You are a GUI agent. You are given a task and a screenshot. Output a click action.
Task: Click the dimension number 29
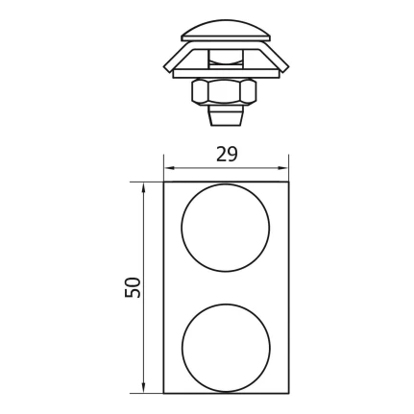click(227, 154)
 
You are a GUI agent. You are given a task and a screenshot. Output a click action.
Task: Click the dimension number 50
click(133, 287)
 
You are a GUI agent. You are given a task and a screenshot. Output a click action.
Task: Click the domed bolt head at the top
click(226, 31)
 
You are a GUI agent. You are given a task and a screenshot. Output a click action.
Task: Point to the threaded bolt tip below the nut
click(226, 118)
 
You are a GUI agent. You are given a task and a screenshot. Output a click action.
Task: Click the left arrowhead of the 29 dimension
click(169, 167)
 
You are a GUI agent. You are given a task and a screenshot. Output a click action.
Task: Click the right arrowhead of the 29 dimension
click(283, 167)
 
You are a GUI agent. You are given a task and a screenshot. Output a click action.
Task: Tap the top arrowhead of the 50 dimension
click(144, 187)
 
